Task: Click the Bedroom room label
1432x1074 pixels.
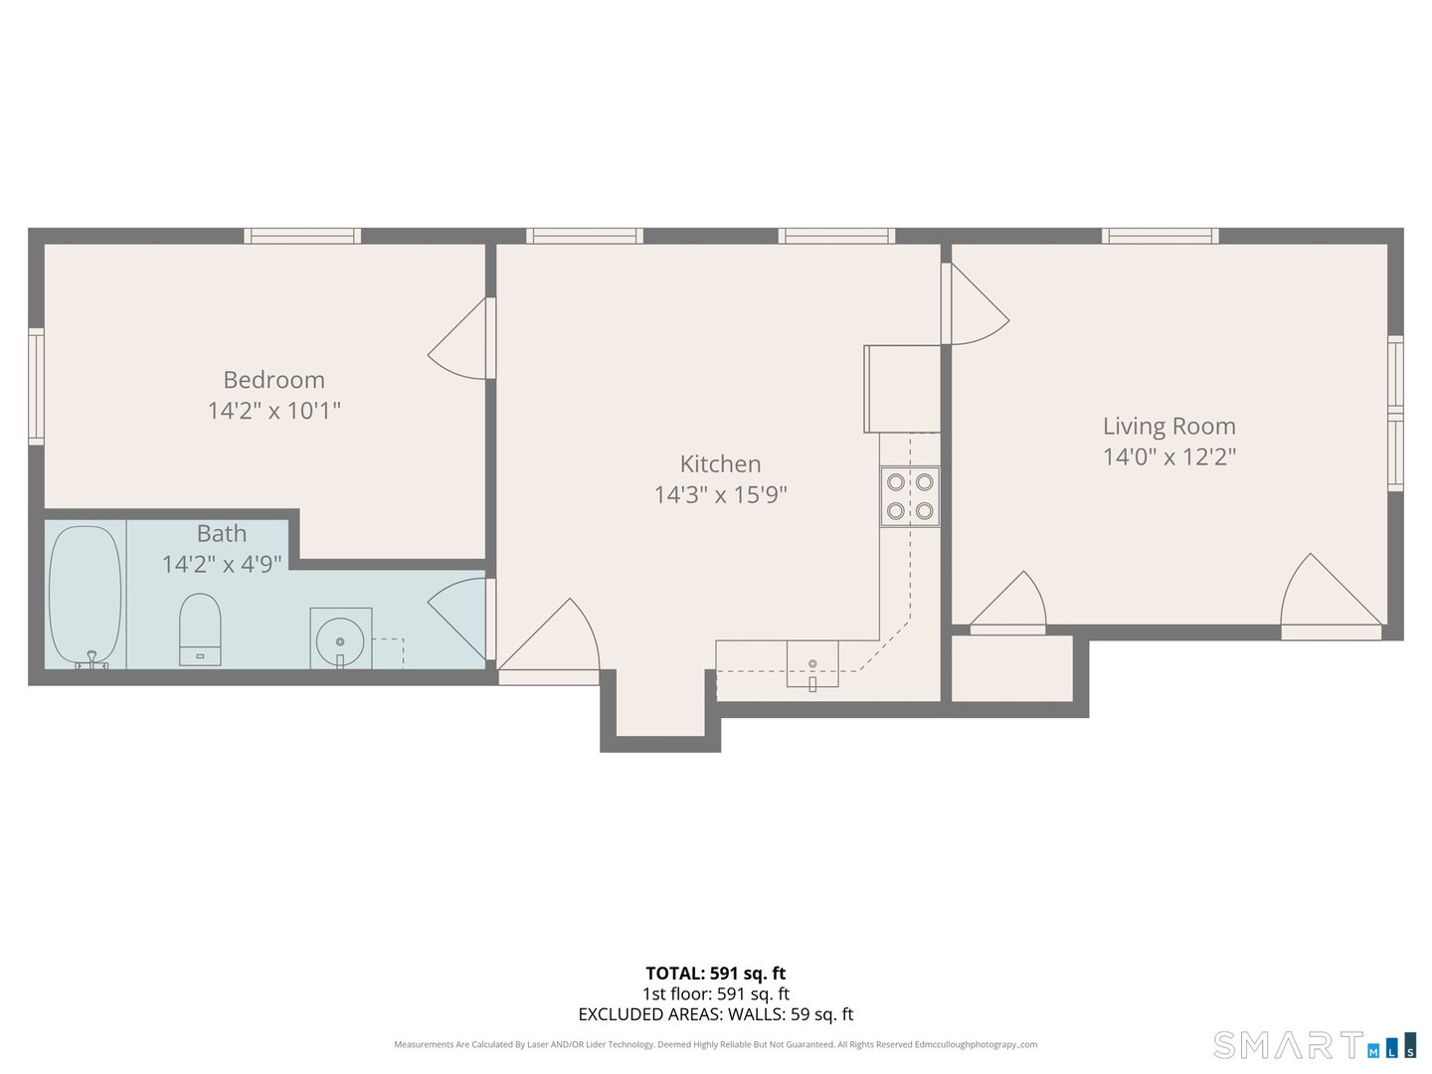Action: (x=273, y=380)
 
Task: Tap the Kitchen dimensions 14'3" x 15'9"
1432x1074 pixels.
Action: (x=720, y=494)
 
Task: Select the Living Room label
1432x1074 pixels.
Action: (x=1168, y=426)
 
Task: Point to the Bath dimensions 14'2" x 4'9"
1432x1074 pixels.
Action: (x=222, y=564)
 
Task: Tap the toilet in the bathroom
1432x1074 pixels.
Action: (x=200, y=628)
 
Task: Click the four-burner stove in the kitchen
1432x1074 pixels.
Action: (x=910, y=496)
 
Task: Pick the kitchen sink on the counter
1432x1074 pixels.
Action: (x=812, y=664)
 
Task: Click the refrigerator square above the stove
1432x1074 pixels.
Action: (x=902, y=389)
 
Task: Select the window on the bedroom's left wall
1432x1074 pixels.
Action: (x=36, y=386)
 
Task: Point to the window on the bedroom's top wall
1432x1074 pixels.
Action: (x=302, y=236)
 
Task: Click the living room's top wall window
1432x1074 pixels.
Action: (x=1160, y=236)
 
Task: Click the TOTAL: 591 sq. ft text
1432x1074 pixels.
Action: (x=715, y=974)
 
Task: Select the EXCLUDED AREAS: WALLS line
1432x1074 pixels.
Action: (x=715, y=1014)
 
